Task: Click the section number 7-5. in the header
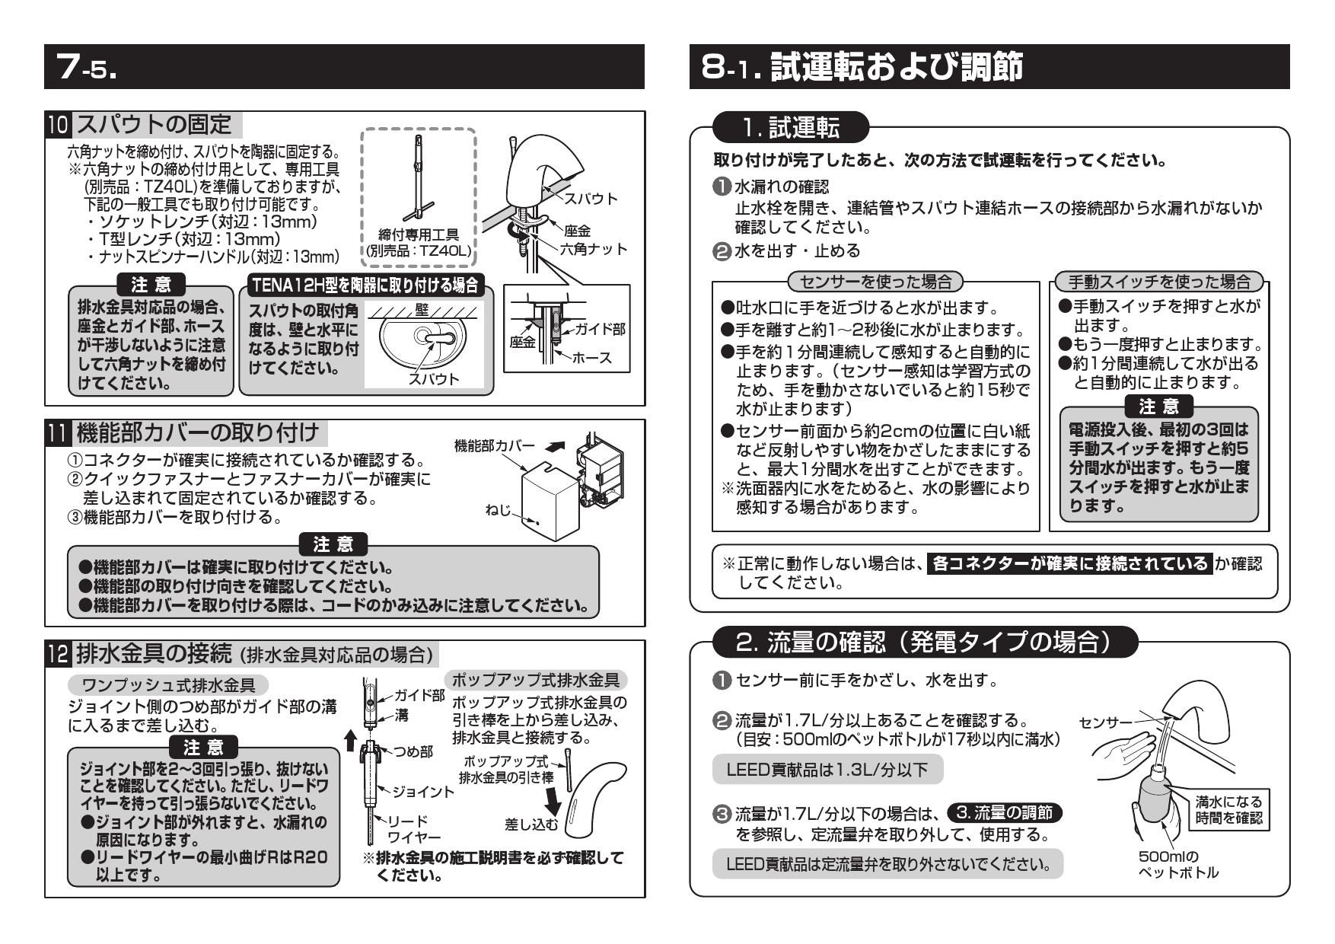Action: point(90,68)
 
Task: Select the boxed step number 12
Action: point(59,653)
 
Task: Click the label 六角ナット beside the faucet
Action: point(594,249)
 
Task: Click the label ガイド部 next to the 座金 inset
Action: point(600,329)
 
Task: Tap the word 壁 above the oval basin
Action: point(422,310)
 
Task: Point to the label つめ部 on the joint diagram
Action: point(413,751)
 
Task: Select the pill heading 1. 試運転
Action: point(791,128)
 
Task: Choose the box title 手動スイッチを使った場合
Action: point(1159,282)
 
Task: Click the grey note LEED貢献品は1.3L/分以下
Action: point(827,770)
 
